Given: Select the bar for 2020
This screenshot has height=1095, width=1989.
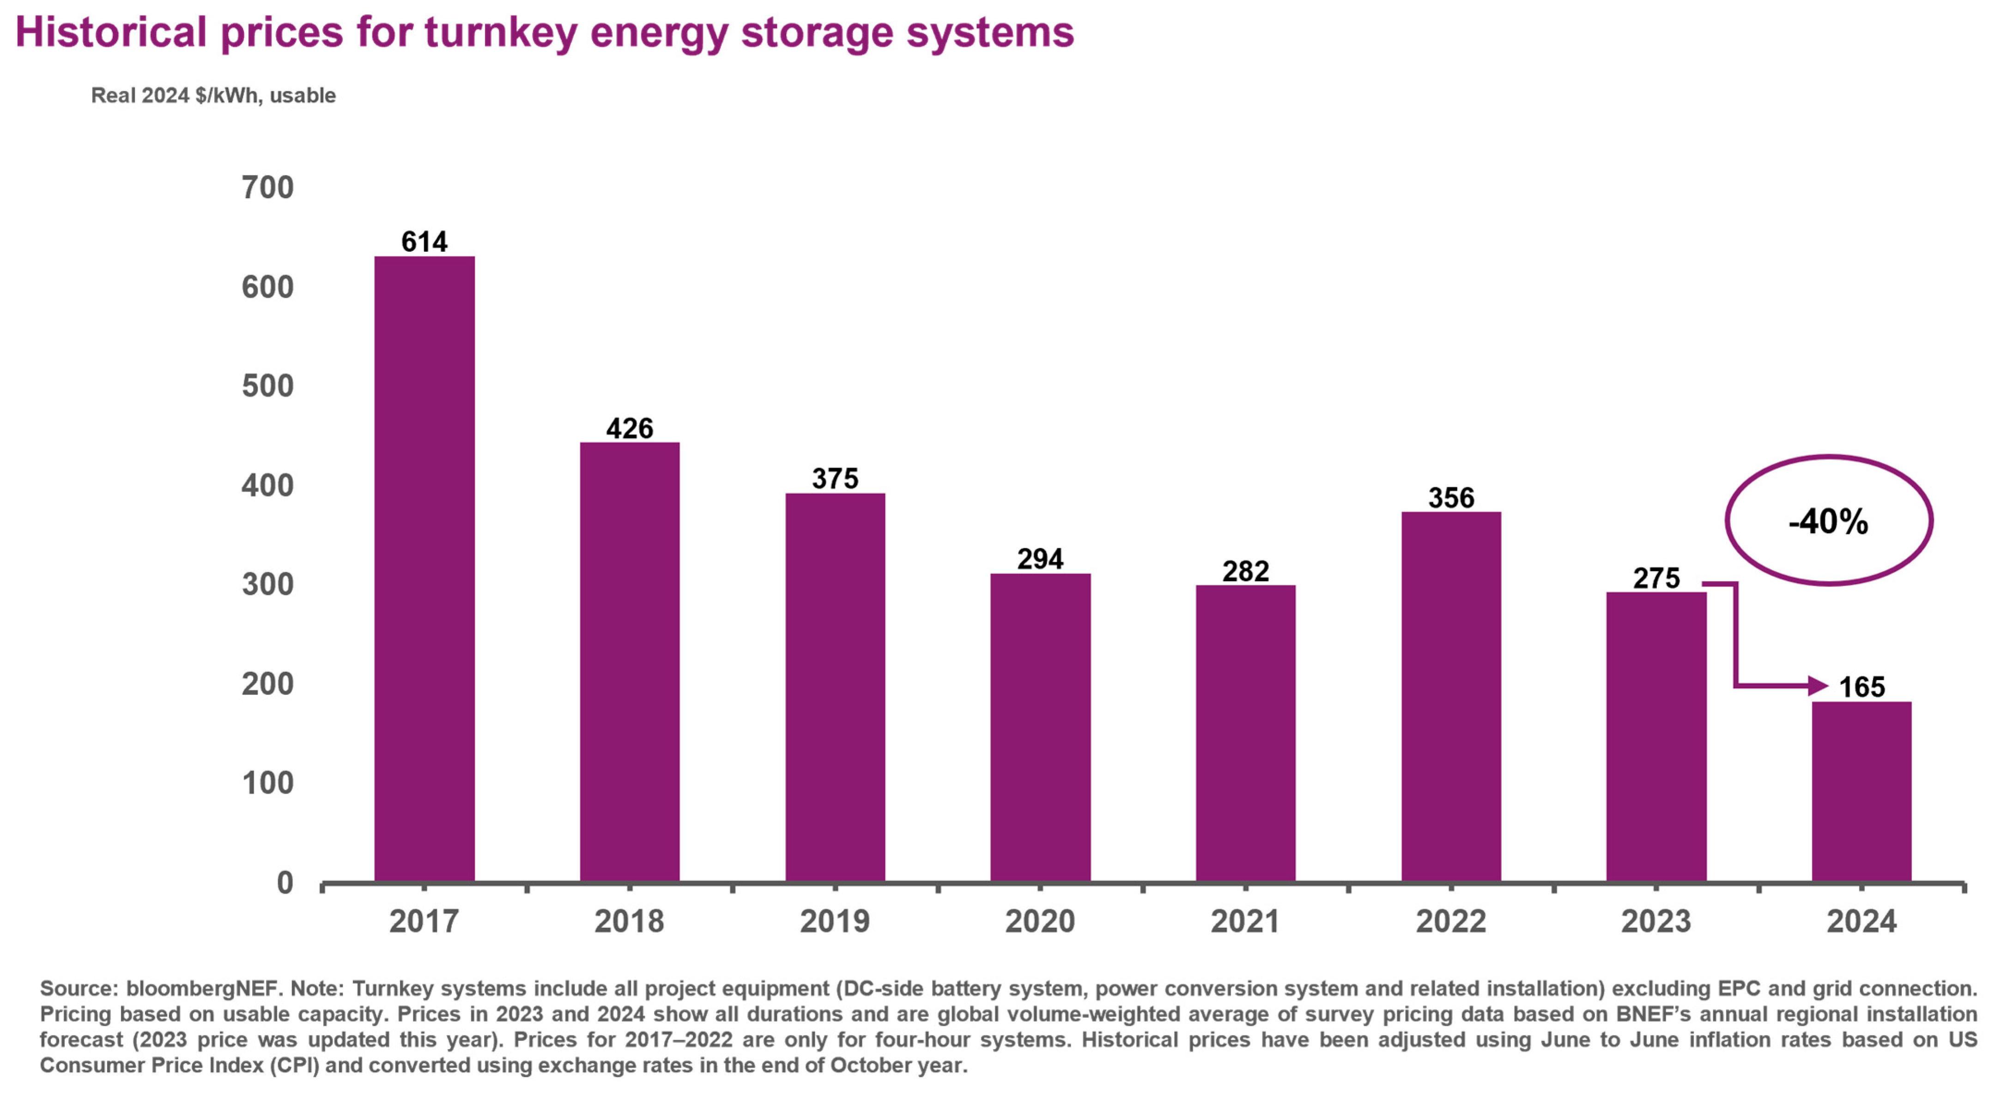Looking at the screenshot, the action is click(x=1040, y=727).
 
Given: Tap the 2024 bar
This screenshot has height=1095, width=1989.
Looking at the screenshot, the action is click(x=1862, y=791).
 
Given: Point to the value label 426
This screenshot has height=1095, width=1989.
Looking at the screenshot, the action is click(x=629, y=428).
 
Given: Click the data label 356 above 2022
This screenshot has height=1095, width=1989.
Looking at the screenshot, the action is click(x=1451, y=498).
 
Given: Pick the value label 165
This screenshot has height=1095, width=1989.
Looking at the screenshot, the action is click(x=1862, y=687).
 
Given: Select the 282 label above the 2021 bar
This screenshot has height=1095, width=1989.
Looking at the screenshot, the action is click(x=1245, y=572).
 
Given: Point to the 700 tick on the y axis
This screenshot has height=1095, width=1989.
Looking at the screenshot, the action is click(x=268, y=188).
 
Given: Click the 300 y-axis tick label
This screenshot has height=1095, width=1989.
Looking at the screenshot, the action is click(x=268, y=584).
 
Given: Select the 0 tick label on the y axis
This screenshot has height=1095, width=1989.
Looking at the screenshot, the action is click(x=285, y=882).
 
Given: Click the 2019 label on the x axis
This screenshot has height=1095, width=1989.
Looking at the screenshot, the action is click(x=835, y=921).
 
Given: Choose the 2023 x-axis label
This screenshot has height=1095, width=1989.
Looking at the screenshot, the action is click(x=1656, y=921).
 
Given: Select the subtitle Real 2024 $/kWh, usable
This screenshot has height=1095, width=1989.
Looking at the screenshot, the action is click(x=213, y=96).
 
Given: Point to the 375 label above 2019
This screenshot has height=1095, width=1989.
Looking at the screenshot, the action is click(x=835, y=479).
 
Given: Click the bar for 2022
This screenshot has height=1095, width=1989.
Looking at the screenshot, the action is click(x=1451, y=697).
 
